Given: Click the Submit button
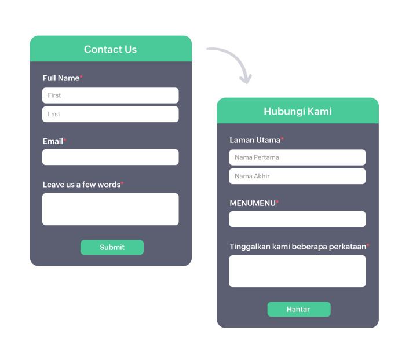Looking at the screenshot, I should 112,247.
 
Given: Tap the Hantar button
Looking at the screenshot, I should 298,309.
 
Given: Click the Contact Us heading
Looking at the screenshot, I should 110,49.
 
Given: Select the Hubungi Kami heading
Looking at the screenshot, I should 297,111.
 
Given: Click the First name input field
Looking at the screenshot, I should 110,95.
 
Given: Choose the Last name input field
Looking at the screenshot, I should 110,114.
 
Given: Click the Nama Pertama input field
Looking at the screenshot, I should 297,157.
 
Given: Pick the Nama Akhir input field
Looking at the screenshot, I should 297,176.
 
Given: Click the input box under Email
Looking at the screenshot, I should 110,157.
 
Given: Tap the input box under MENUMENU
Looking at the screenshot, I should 297,219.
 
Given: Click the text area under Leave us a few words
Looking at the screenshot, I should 110,209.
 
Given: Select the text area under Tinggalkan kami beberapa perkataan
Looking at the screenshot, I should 297,271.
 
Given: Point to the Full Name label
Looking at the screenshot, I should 61,78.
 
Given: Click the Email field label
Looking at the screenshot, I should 53,141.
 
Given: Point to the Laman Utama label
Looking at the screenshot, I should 255,140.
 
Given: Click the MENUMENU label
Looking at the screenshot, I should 252,203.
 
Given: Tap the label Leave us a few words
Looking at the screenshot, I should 81,185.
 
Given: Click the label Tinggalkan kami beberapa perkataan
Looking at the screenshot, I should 297,247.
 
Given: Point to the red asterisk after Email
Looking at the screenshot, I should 65,140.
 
